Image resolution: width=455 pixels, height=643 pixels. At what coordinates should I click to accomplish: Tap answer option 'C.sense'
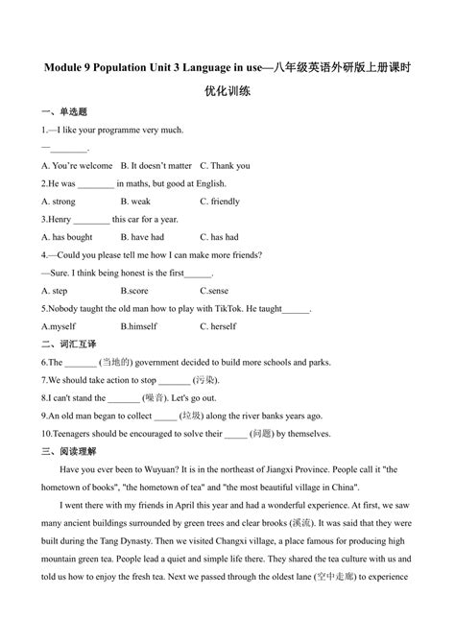pyautogui.click(x=214, y=291)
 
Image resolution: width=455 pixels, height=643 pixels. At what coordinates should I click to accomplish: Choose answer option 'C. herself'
pyautogui.click(x=217, y=326)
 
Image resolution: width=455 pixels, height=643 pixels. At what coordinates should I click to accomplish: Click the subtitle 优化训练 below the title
pyautogui.click(x=227, y=92)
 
